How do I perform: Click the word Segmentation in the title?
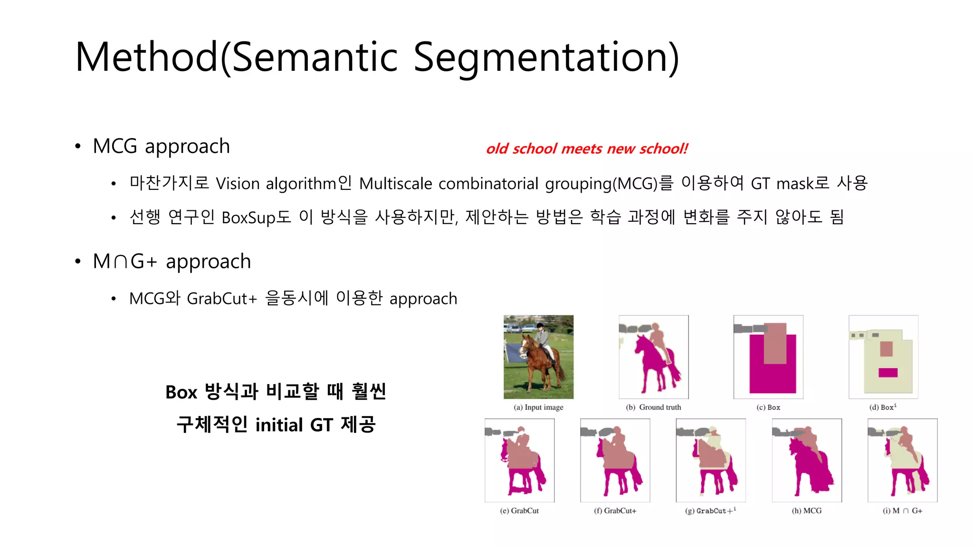tap(546, 58)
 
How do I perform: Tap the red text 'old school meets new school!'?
tap(587, 149)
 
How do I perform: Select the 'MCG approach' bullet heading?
tap(161, 146)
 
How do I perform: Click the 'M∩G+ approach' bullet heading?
tap(172, 261)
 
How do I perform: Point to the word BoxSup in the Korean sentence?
tap(248, 217)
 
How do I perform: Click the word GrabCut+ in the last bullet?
tap(221, 299)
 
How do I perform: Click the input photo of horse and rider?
tap(538, 357)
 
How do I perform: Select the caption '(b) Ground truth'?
tap(653, 407)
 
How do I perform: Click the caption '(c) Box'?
tap(768, 407)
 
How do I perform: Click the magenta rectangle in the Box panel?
tap(773, 377)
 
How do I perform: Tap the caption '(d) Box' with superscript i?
tap(883, 407)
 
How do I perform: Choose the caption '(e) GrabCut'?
tap(519, 511)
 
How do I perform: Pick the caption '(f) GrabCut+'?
tap(615, 511)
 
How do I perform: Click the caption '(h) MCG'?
tap(806, 511)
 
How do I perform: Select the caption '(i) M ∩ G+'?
tap(902, 511)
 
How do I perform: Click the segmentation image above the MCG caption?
tap(807, 460)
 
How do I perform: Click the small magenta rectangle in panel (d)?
tap(887, 373)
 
